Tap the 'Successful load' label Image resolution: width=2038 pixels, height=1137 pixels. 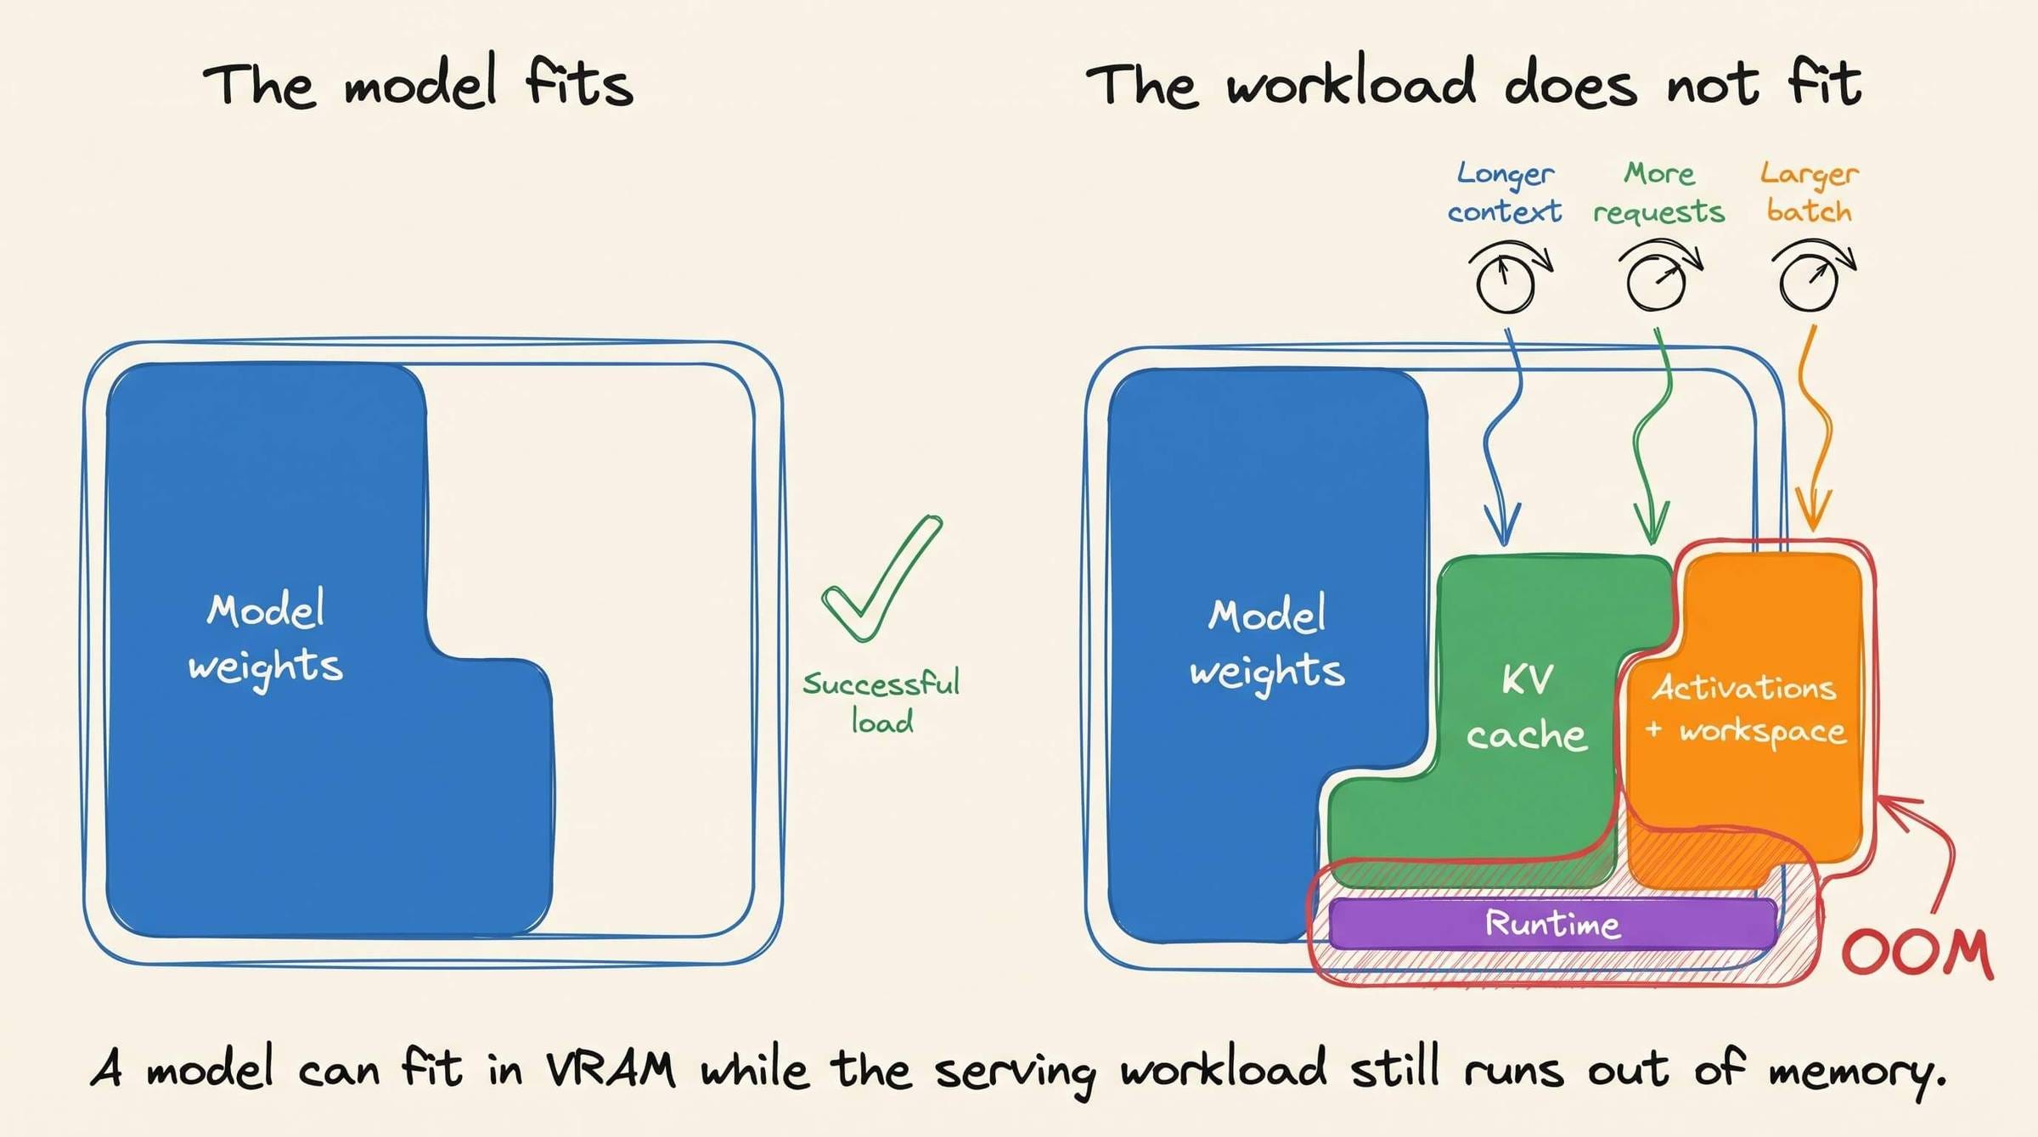point(881,702)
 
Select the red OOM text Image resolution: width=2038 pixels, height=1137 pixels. point(1917,953)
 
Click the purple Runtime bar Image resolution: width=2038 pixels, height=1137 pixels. point(1552,924)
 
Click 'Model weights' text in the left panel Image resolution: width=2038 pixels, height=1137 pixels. point(266,639)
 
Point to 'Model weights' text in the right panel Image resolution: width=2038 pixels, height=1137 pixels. point(1267,644)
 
